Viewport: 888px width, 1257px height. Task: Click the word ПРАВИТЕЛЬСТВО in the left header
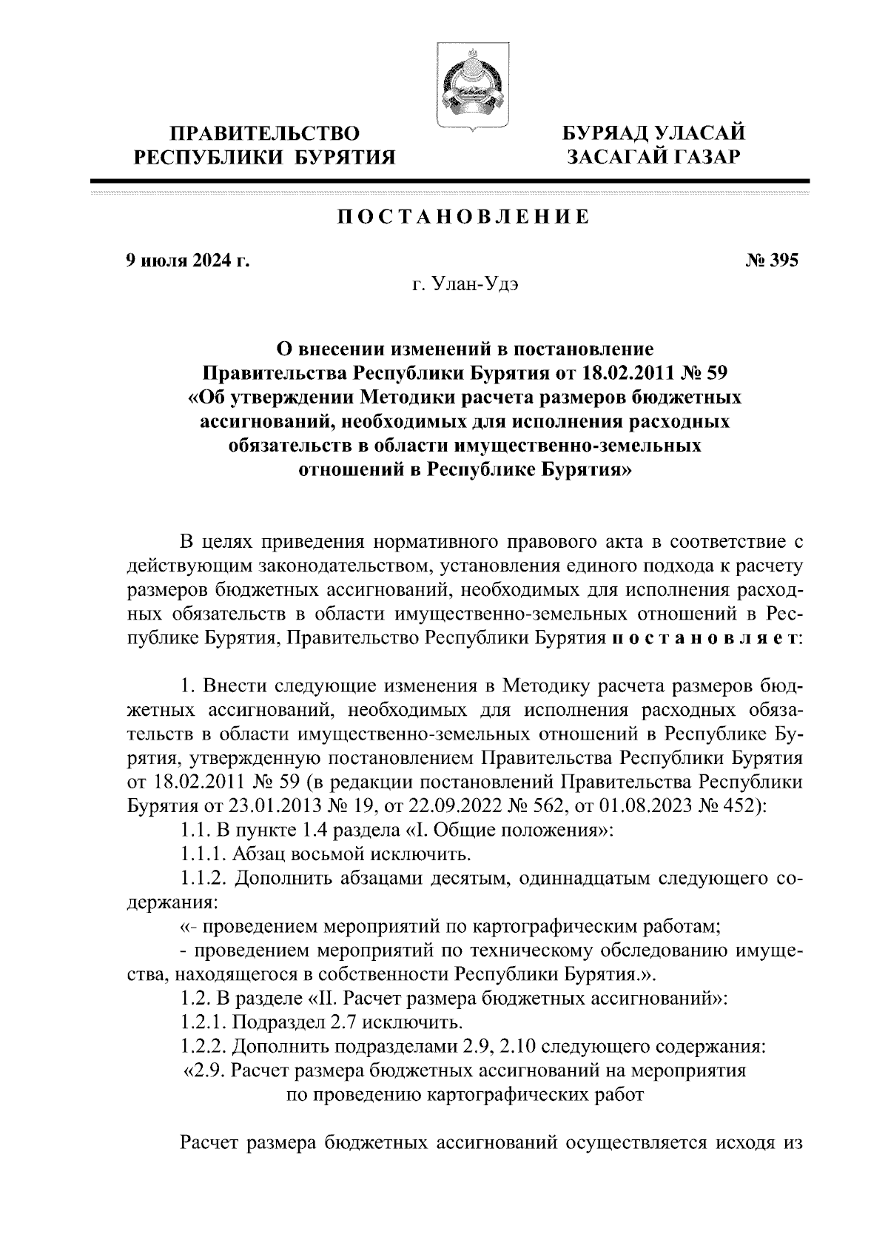pos(265,134)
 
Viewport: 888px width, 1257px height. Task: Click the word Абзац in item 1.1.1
pos(258,855)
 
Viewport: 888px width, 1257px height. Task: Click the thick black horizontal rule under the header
pos(449,181)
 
